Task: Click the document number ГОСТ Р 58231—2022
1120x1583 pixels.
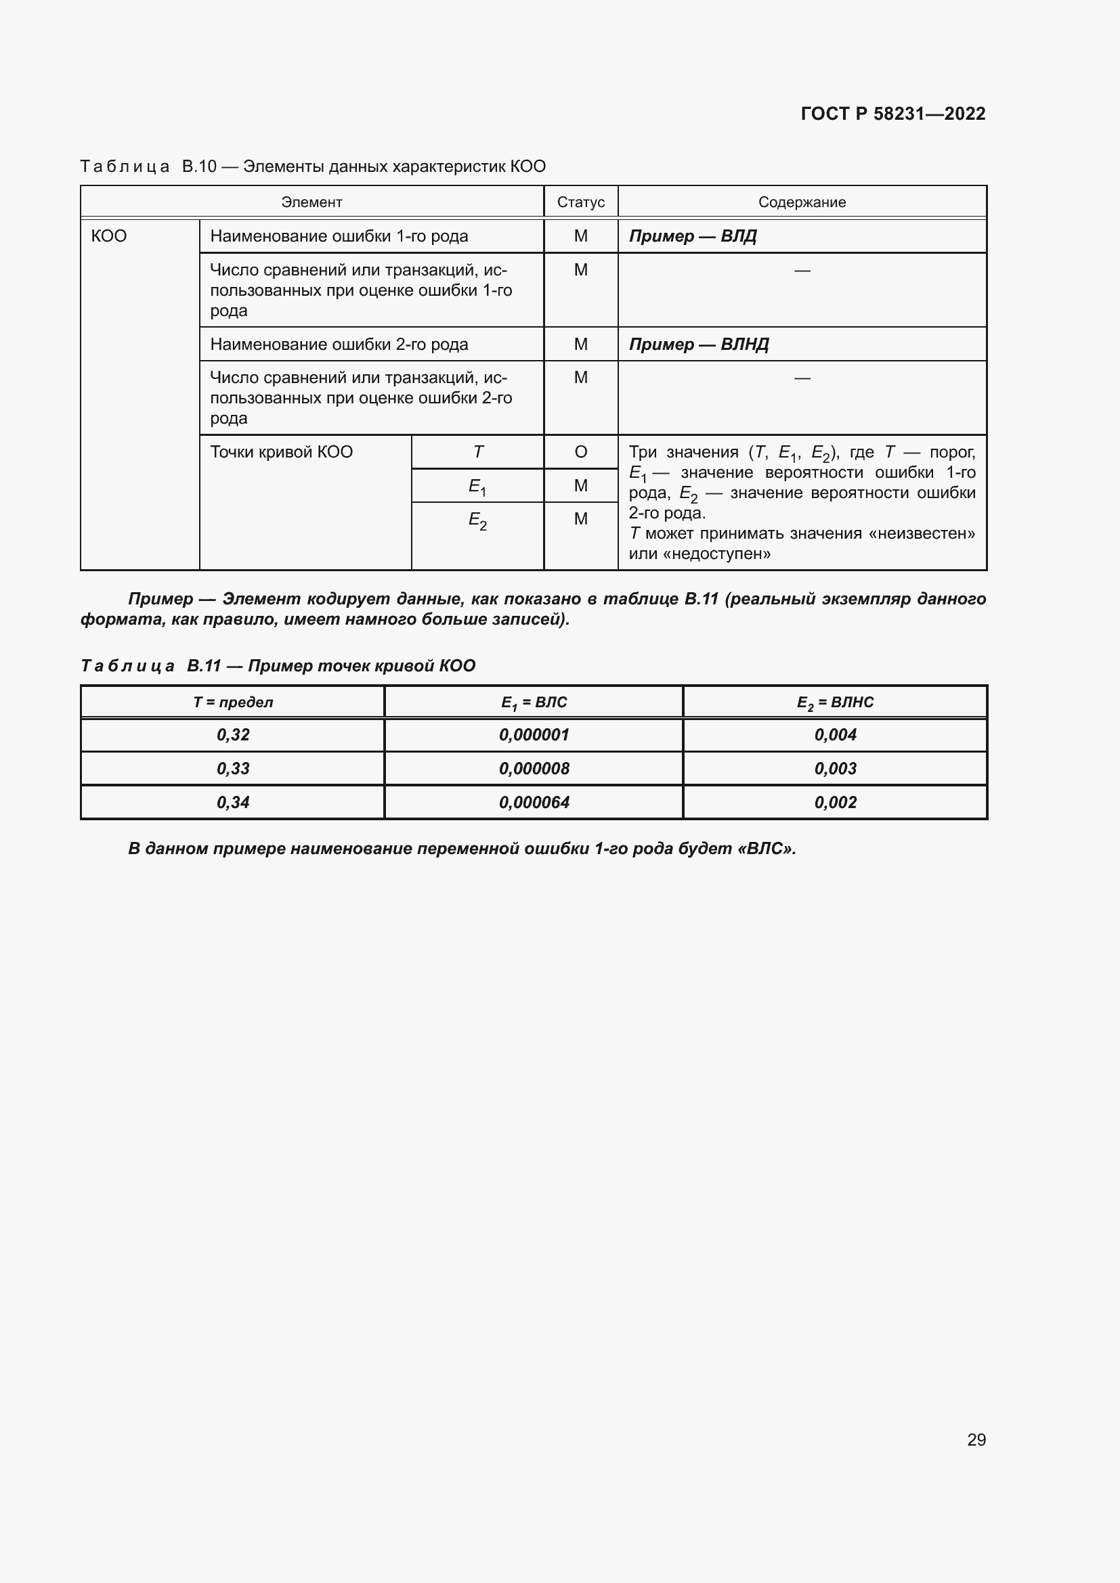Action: coord(892,114)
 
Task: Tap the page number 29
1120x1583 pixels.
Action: coord(976,1440)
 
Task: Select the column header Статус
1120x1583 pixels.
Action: coord(581,202)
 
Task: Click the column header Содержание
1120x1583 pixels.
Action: coord(801,202)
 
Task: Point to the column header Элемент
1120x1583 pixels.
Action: coord(311,202)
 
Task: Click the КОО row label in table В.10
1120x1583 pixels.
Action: coord(109,236)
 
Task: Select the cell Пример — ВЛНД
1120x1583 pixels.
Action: coord(699,344)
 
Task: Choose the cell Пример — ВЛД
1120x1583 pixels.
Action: coord(693,236)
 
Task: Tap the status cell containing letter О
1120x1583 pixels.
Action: coord(581,452)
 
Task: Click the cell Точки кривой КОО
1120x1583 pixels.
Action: coord(282,452)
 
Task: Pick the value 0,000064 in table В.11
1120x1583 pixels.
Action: coord(534,802)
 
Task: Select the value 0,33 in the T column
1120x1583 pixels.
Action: coord(232,768)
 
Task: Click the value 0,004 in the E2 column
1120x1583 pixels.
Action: coord(835,735)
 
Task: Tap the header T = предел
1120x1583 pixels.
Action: coord(232,702)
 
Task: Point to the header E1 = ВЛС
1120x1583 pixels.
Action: coord(534,702)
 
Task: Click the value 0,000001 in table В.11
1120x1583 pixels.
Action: coord(534,735)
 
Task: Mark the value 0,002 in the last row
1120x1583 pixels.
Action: coord(835,802)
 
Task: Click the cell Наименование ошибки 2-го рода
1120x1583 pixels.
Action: coord(339,344)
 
